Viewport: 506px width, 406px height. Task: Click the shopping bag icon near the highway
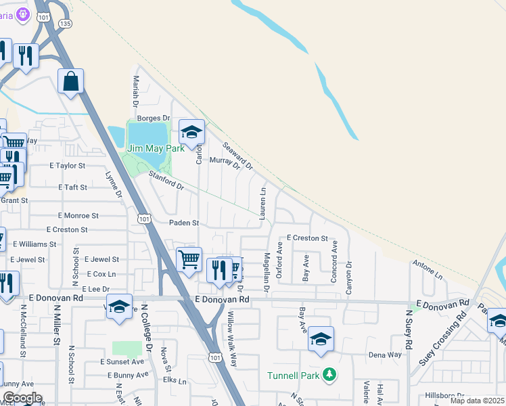coord(70,83)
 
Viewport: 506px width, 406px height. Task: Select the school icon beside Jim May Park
coord(191,133)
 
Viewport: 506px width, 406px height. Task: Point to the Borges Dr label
coord(154,118)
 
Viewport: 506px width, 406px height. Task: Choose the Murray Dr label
coord(225,163)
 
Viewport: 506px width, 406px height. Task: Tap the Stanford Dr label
coord(166,181)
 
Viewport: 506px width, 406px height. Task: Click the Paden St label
coord(185,223)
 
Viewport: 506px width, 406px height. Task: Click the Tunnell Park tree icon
coord(329,375)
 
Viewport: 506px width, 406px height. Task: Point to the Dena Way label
coord(385,355)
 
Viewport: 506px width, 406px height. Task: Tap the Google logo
coord(22,398)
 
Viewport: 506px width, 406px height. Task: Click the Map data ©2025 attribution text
coord(476,401)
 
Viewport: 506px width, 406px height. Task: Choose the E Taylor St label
coord(68,165)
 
